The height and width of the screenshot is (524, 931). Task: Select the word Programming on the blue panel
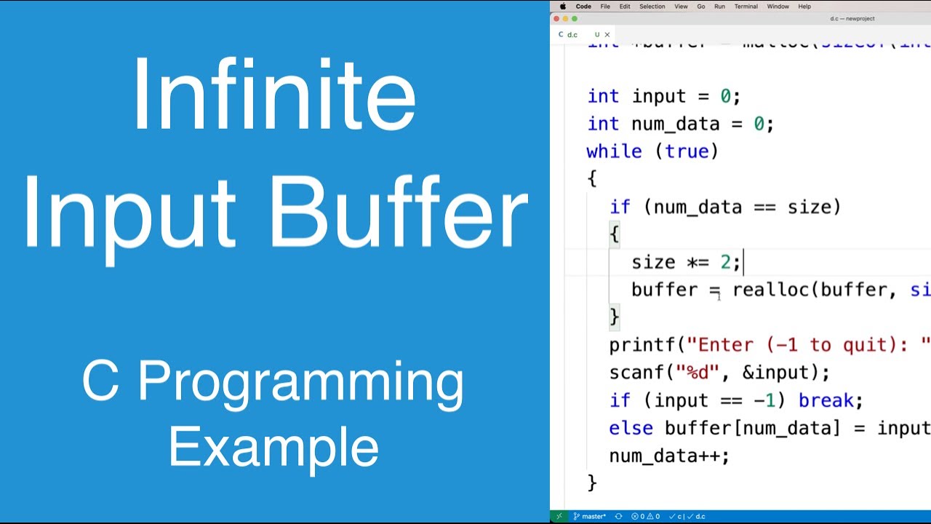pos(301,382)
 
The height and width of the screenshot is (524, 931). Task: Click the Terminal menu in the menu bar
pos(746,7)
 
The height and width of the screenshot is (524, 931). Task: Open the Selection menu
pos(652,7)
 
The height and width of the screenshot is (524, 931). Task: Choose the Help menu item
pos(804,7)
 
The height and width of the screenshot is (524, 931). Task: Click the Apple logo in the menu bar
pos(563,7)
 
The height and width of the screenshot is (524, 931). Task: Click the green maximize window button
pos(575,19)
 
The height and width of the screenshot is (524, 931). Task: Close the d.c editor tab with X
pos(607,34)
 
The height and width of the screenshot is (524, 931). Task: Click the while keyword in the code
pos(614,151)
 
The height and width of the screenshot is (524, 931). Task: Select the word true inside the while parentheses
pos(687,151)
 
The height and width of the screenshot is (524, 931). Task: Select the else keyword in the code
pos(631,428)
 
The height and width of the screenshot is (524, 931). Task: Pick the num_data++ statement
pos(667,456)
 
